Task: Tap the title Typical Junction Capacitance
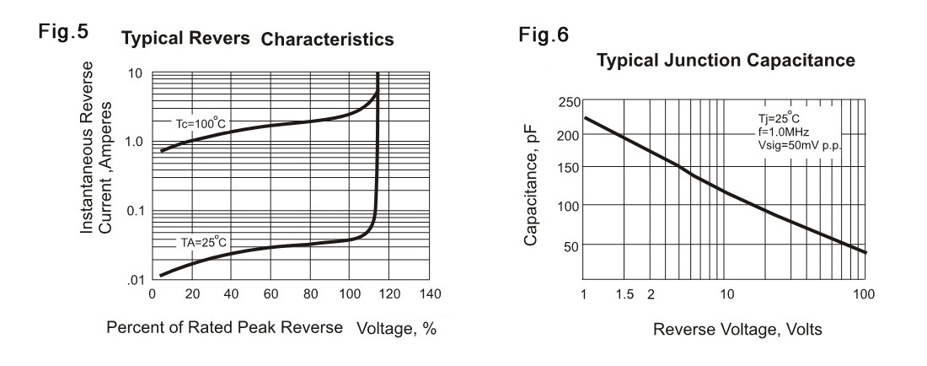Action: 726,61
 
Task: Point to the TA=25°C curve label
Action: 202,243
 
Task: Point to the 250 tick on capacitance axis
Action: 569,103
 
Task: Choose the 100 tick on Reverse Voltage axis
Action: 863,293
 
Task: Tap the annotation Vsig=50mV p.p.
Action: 801,146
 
